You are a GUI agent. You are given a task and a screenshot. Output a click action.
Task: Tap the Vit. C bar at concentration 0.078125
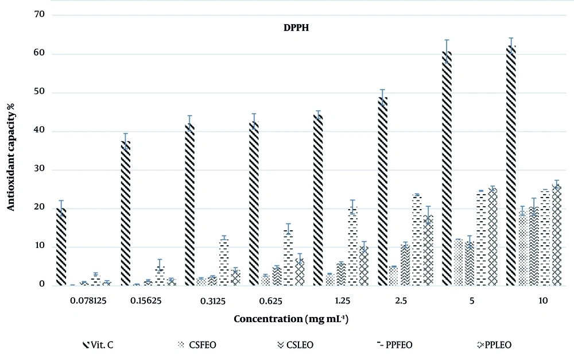click(x=61, y=247)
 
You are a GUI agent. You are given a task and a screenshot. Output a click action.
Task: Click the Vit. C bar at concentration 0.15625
click(x=125, y=213)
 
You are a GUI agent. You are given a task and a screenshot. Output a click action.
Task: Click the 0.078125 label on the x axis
click(x=83, y=300)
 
